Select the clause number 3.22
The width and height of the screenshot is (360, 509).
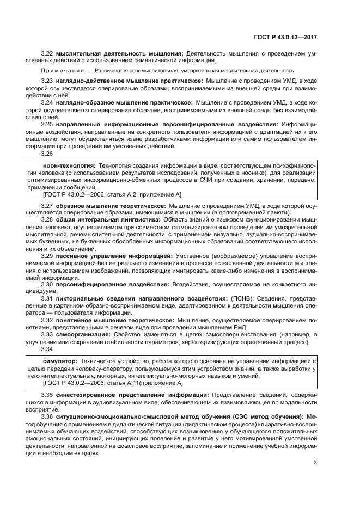48,53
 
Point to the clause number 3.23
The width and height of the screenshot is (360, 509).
48,81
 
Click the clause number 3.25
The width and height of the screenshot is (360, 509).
48,124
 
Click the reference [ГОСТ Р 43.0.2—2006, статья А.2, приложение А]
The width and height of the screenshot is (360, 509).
112,194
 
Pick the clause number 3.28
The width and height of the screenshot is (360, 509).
48,219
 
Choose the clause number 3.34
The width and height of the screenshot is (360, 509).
48,349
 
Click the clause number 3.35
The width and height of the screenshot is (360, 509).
48,394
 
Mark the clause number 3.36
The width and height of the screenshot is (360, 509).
48,416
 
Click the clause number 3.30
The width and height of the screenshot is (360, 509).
48,284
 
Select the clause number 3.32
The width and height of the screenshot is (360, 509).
48,320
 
